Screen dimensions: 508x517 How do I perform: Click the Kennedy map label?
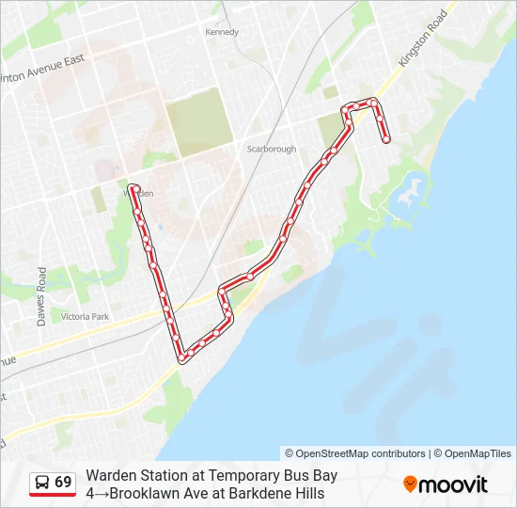click(x=222, y=32)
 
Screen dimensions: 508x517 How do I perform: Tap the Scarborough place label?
click(x=271, y=149)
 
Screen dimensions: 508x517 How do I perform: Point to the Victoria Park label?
click(x=85, y=317)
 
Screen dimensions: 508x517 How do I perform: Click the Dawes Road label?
click(x=41, y=295)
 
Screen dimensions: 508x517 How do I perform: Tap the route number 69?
click(x=63, y=482)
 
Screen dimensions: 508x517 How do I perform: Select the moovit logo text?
click(x=453, y=484)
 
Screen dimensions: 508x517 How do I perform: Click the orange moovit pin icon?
click(x=410, y=484)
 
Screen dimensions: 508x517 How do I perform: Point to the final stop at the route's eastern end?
click(x=386, y=140)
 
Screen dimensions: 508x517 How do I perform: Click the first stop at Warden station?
click(x=133, y=188)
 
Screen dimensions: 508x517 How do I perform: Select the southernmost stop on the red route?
click(x=181, y=357)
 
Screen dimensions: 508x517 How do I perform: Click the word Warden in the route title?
click(x=109, y=475)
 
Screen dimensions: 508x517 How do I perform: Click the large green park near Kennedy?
click(x=198, y=122)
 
